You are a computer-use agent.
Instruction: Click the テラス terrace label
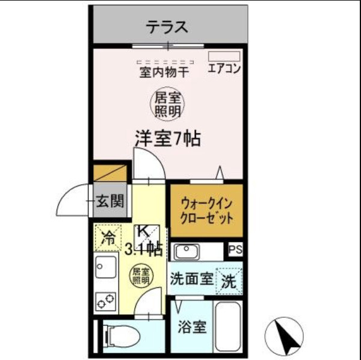(168, 26)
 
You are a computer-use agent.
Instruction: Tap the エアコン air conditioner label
(224, 69)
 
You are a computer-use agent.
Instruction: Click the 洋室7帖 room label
(167, 138)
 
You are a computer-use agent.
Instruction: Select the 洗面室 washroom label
(191, 279)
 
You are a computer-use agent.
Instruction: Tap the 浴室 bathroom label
(193, 327)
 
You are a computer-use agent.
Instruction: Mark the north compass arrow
(283, 335)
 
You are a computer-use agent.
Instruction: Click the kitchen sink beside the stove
(106, 267)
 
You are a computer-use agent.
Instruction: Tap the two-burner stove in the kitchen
(106, 299)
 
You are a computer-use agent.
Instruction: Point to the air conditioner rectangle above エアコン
(224, 56)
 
